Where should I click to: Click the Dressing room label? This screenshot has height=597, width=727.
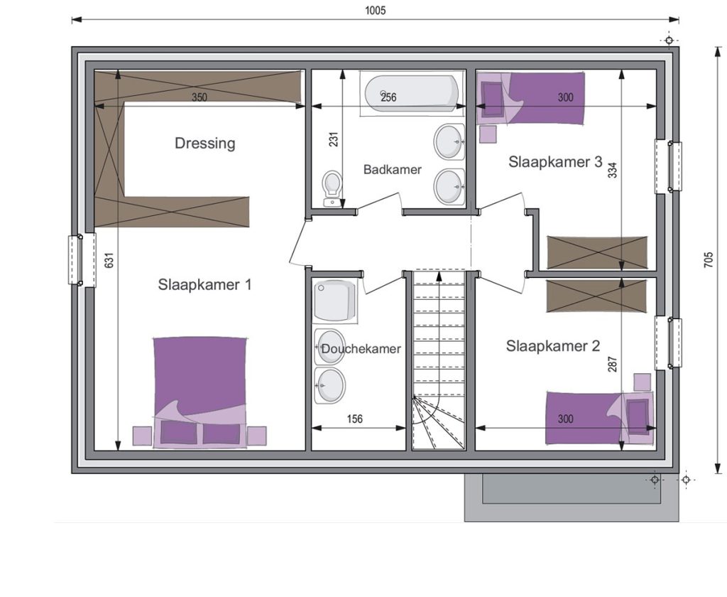click(x=205, y=143)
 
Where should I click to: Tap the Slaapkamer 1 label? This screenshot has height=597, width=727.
click(x=204, y=284)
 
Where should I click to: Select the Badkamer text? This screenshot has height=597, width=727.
click(x=392, y=169)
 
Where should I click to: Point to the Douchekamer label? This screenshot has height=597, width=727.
click(x=361, y=349)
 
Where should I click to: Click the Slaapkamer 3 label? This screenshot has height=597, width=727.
click(x=555, y=161)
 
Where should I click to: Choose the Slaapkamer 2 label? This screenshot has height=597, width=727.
click(x=552, y=346)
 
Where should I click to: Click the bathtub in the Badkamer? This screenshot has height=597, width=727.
click(x=412, y=93)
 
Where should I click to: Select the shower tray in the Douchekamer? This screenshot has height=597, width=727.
click(x=335, y=301)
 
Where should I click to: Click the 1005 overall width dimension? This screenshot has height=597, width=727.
click(x=375, y=11)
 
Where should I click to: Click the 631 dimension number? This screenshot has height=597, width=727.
click(x=109, y=260)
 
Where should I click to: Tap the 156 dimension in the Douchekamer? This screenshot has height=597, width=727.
click(x=355, y=419)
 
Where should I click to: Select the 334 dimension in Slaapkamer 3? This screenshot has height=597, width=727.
click(x=613, y=169)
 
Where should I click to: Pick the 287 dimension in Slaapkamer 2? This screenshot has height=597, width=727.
click(x=613, y=364)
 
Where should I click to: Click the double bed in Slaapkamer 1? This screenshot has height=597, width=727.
click(x=199, y=392)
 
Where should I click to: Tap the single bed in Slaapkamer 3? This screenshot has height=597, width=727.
click(x=530, y=97)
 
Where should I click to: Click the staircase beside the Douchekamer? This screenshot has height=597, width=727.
click(x=439, y=360)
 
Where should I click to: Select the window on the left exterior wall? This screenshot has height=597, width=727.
click(x=82, y=260)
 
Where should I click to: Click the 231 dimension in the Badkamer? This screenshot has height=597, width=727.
click(x=334, y=139)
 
